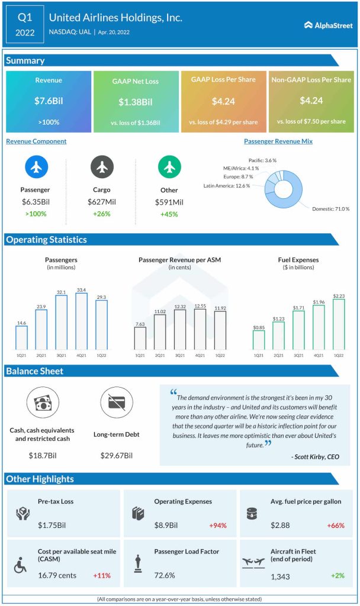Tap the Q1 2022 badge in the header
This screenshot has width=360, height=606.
pos(24,22)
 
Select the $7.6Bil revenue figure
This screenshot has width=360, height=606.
pos(49,101)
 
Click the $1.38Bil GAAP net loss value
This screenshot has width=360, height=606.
pos(136,102)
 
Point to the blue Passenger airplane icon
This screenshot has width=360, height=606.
pos(37,168)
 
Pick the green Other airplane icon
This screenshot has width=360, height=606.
pos(169,168)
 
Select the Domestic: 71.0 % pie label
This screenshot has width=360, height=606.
pos(331,208)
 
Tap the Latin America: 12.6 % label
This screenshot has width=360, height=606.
pos(226,186)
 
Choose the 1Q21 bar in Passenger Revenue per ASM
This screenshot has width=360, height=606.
pos(140,337)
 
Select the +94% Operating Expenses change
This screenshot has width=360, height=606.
pos(217,525)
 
